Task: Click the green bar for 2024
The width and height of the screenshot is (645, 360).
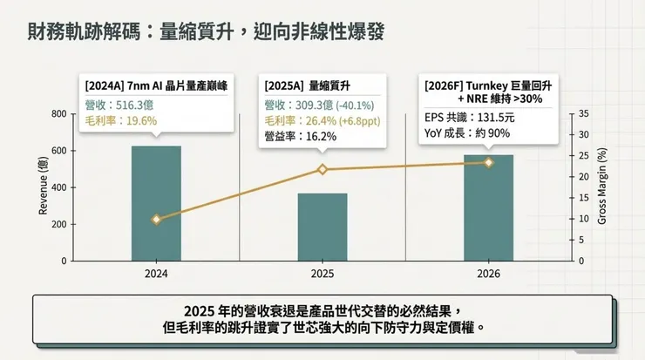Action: pos(156,203)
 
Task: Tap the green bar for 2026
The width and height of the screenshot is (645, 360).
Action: pos(488,207)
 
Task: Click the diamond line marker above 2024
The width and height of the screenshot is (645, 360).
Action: pos(156,220)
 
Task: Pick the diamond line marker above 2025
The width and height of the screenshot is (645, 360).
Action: pos(322,169)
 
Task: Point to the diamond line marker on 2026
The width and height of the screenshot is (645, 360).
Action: pos(488,162)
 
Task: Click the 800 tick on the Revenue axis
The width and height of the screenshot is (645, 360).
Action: pos(58,114)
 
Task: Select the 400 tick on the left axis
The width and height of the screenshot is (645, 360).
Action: pos(58,187)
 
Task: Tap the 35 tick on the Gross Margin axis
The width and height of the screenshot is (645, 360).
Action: pos(583,114)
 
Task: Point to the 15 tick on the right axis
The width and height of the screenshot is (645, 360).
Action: pos(583,198)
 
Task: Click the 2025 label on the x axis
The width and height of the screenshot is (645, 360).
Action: pos(322,274)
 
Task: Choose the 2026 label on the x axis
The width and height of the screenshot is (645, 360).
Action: pos(488,274)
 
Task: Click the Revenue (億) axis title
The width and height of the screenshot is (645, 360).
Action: pos(43,187)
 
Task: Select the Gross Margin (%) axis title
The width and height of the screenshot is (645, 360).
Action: pos(601,187)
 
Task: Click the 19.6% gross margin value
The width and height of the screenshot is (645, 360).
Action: pos(137,121)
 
